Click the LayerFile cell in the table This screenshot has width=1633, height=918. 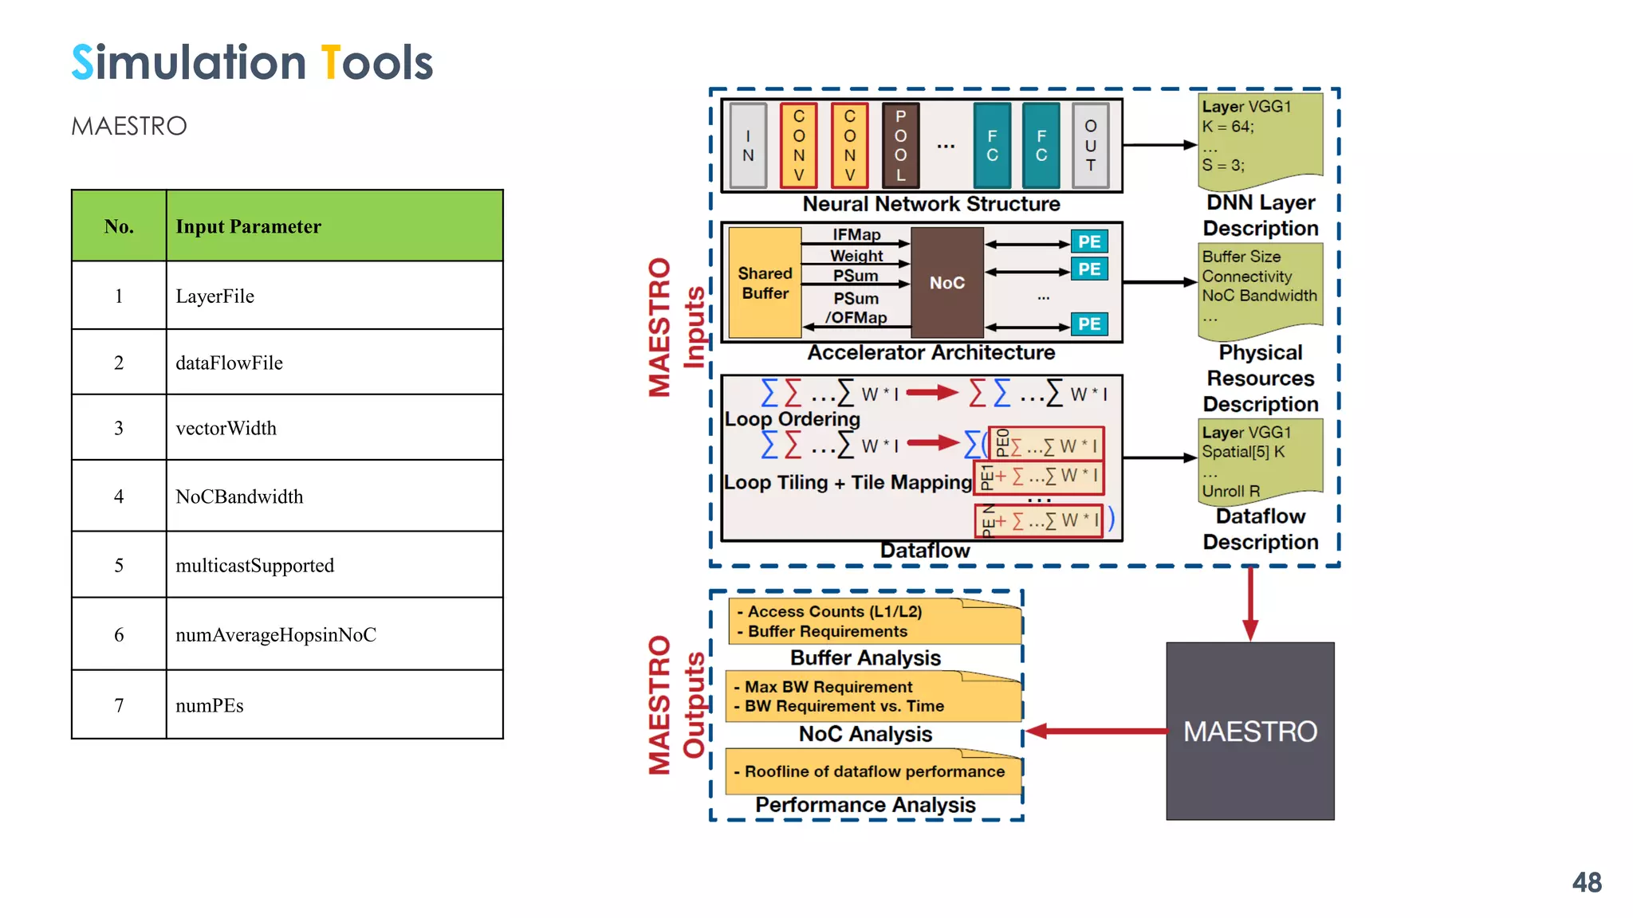pyautogui.click(x=334, y=296)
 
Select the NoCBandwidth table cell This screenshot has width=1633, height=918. pyautogui.click(x=334, y=496)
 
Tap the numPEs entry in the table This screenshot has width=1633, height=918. pyautogui.click(x=334, y=705)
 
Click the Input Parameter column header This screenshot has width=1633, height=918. pyautogui.click(x=334, y=226)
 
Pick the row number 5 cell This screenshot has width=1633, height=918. pyautogui.click(x=119, y=566)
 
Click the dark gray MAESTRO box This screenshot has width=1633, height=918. pyautogui.click(x=1249, y=731)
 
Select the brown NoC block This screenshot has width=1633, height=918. pyautogui.click(x=946, y=283)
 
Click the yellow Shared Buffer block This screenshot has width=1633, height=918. pyautogui.click(x=765, y=283)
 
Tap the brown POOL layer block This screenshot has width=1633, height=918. pyautogui.click(x=900, y=145)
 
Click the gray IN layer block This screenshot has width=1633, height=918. pyautogui.click(x=748, y=145)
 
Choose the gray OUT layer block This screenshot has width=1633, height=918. pyautogui.click(x=1090, y=145)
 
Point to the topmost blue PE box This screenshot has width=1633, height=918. pyautogui.click(x=1088, y=241)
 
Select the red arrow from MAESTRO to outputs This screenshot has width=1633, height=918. pyautogui.click(x=1096, y=731)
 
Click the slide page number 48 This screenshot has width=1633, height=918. pyautogui.click(x=1586, y=882)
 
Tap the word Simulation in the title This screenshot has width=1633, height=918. pyautogui.click(x=189, y=63)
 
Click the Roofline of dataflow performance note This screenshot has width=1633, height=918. pyautogui.click(x=874, y=771)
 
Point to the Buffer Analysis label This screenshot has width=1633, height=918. pyautogui.click(x=865, y=657)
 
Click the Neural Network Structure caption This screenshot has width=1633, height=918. pyautogui.click(x=931, y=204)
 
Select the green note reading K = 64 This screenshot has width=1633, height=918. pyautogui.click(x=1260, y=135)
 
